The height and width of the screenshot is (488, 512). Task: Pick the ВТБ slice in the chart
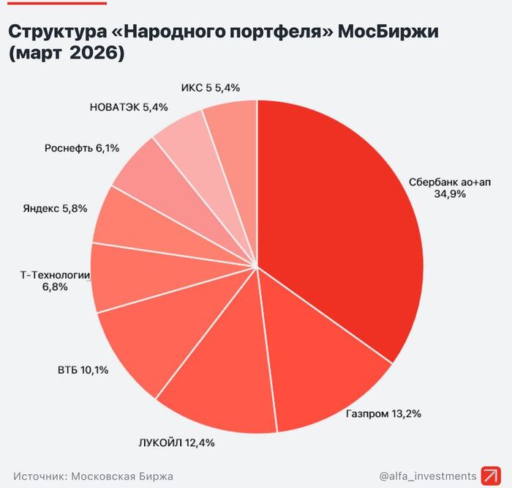click(x=146, y=344)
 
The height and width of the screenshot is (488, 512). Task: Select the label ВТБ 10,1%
click(x=83, y=370)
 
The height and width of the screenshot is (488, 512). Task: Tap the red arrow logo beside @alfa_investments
click(x=489, y=476)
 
